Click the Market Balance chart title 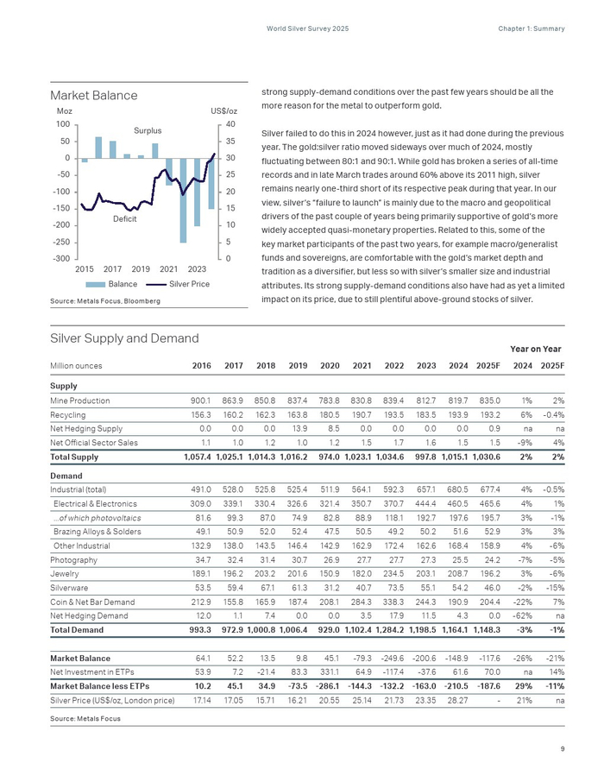(x=93, y=95)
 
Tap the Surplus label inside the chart (x=148, y=130)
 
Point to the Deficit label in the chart (x=125, y=220)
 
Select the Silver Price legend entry (x=189, y=284)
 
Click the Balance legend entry (x=123, y=284)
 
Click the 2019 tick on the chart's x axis (x=141, y=270)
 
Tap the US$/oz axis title (x=223, y=112)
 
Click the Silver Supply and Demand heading (x=124, y=338)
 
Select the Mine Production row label (x=80, y=400)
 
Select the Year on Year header (x=537, y=349)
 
